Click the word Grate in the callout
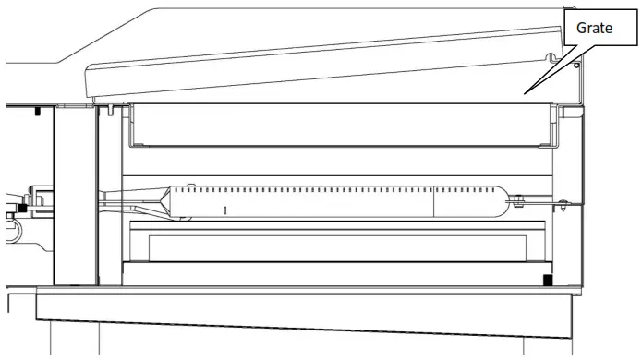pyautogui.click(x=596, y=29)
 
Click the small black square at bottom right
pyautogui.click(x=547, y=280)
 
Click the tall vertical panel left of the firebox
pyautogui.click(x=76, y=194)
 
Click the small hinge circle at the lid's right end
pyautogui.click(x=577, y=66)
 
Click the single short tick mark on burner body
pyautogui.click(x=224, y=210)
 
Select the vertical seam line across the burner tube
pyautogui.click(x=433, y=198)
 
